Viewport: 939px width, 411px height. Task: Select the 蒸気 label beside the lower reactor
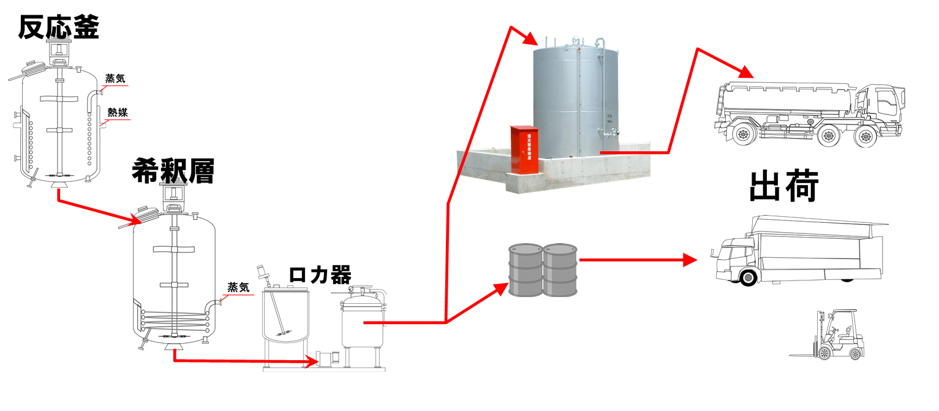238,287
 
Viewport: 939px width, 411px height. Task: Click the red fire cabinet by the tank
522,150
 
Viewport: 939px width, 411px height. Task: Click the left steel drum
526,270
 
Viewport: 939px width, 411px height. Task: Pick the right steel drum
560,270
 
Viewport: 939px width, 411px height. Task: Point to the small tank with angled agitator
285,315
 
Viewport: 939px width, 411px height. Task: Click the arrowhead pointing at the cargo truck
690,260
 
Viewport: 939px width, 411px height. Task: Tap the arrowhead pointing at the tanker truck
746,73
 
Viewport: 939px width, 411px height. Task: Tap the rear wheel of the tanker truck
743,134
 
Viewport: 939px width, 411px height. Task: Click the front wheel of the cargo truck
747,277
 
